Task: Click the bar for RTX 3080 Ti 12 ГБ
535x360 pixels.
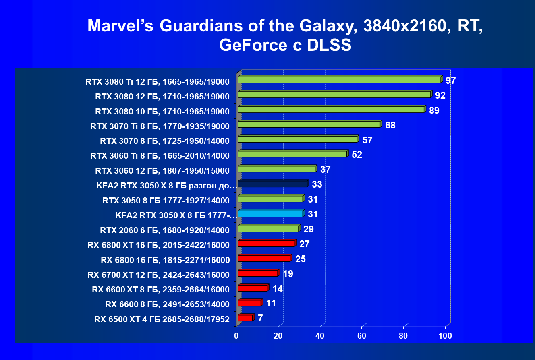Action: [339, 80]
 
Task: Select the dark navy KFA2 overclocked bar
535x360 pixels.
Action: [272, 184]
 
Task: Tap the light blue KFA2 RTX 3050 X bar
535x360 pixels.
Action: [270, 214]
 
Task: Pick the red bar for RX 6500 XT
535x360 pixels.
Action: [245, 318]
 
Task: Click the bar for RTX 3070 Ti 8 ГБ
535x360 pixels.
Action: [309, 124]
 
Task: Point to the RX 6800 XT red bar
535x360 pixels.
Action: [266, 244]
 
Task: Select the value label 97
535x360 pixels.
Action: [450, 81]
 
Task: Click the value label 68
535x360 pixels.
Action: [390, 125]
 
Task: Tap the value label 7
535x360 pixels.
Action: [260, 318]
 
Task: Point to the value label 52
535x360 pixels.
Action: [357, 155]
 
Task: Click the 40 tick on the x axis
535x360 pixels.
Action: [320, 336]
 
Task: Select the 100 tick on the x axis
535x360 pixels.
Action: [445, 336]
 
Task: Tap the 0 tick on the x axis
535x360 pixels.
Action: [236, 336]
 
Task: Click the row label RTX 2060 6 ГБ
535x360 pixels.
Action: [165, 230]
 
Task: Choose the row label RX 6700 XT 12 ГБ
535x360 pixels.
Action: [158, 275]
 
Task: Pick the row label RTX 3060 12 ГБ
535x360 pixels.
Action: [162, 171]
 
